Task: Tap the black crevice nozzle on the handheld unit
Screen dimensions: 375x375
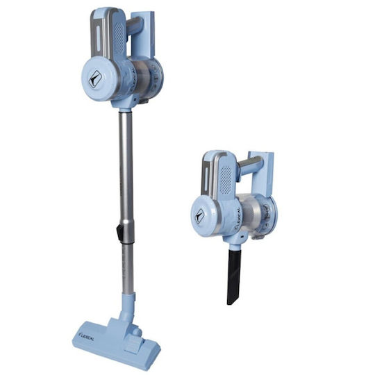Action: pyautogui.click(x=234, y=276)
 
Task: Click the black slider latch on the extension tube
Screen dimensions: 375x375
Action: pyautogui.click(x=119, y=232)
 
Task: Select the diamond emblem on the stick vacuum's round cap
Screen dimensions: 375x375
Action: pyautogui.click(x=94, y=78)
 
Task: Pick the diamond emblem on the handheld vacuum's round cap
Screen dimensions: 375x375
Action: pyautogui.click(x=200, y=216)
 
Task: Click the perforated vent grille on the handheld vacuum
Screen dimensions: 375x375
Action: pyautogui.click(x=226, y=179)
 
